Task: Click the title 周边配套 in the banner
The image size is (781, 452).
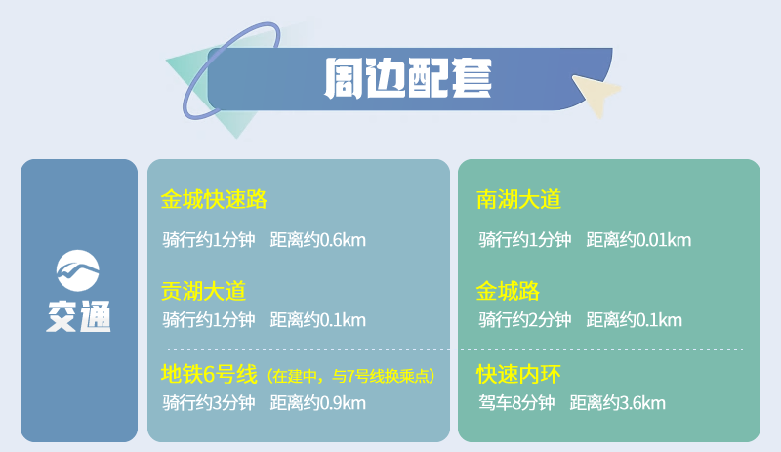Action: point(408,78)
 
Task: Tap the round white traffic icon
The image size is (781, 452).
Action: point(78,270)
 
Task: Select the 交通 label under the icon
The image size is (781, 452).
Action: point(79,316)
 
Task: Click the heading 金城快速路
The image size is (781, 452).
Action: point(214,199)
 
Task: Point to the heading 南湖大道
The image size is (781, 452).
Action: point(518,199)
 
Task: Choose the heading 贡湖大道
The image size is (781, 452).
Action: point(203,291)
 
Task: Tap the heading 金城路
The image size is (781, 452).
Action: point(508,291)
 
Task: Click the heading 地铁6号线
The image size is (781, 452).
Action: point(209,374)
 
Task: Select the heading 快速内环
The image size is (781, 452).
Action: point(518,374)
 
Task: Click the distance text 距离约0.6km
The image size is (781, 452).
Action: point(318,240)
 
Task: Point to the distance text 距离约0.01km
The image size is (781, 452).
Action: point(638,240)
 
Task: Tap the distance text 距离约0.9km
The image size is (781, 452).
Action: point(318,403)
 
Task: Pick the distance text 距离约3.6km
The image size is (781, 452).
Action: point(618,403)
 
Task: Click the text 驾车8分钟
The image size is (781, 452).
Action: point(516,403)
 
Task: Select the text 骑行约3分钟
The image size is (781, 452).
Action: point(209,403)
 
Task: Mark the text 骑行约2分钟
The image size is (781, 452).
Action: point(525,320)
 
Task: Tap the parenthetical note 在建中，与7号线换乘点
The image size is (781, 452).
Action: point(350,376)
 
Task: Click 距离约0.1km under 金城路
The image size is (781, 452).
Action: point(634,320)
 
